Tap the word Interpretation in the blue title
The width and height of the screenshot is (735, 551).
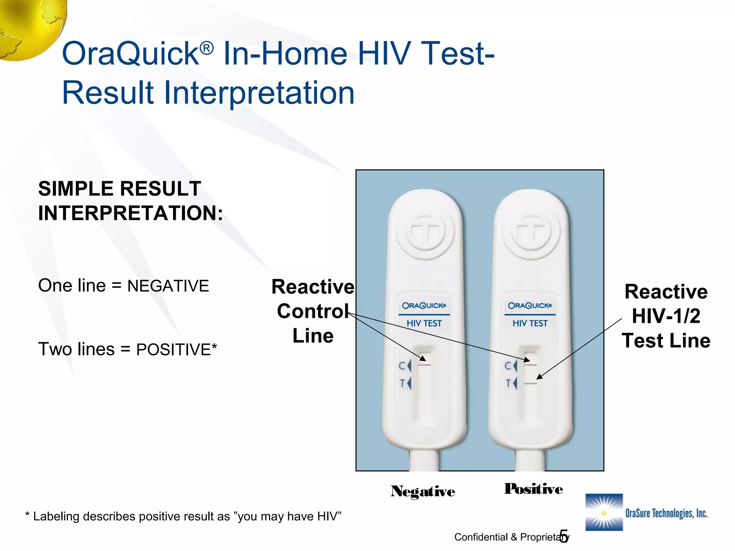tap(259, 93)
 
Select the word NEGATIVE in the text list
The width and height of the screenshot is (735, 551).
tap(168, 286)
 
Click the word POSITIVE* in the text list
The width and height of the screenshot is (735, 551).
tap(176, 349)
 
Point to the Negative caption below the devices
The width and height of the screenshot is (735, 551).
tap(423, 491)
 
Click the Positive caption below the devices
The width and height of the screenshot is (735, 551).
tap(533, 489)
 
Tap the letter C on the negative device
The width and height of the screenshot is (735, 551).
tap(402, 366)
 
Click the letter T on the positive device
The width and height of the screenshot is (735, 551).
tap(508, 383)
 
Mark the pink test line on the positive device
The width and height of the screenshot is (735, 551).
tap(530, 384)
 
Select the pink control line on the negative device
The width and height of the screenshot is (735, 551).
tap(424, 365)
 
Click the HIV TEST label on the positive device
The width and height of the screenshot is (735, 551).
tap(530, 324)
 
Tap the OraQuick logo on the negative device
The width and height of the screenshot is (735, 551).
tap(424, 306)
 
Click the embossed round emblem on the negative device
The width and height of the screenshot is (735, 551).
tap(425, 232)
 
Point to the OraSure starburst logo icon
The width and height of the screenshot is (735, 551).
tap(604, 512)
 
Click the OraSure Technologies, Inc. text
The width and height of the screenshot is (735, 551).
tap(666, 513)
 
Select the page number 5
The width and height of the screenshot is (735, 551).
tap(564, 536)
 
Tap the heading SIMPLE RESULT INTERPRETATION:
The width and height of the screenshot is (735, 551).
tap(130, 201)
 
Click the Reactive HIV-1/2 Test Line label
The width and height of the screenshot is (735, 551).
tap(666, 316)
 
